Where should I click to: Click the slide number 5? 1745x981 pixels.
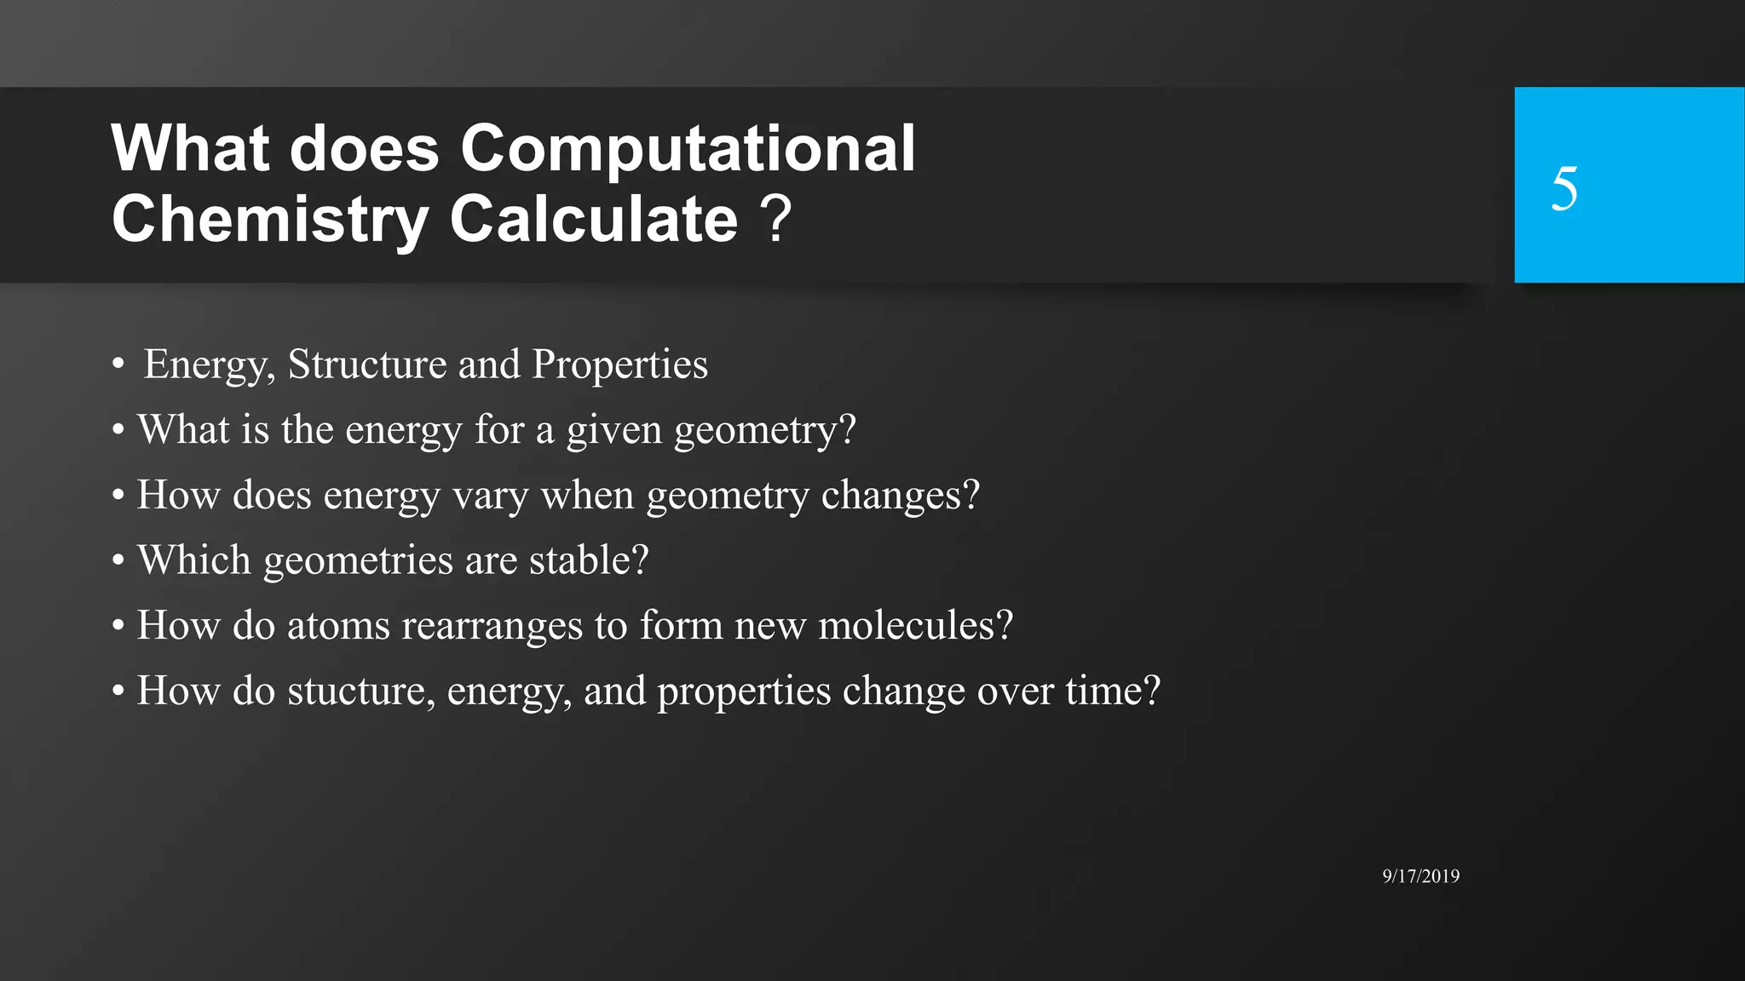coord(1564,188)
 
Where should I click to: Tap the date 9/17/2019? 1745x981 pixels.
coord(1420,876)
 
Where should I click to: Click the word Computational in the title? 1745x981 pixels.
coord(688,149)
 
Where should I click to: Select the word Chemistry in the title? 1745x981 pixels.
coord(269,220)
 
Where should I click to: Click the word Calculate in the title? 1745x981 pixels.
coord(593,220)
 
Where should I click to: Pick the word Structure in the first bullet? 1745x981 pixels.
coord(366,364)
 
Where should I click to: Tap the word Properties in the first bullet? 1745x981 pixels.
coord(619,364)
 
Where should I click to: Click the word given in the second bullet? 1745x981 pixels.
coord(613,430)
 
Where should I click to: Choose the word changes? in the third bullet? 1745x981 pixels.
coord(900,496)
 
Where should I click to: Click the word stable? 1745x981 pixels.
coord(589,560)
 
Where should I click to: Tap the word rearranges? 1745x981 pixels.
coord(492,627)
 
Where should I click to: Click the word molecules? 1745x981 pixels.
coord(916,626)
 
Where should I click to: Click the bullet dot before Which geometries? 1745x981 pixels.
coord(118,561)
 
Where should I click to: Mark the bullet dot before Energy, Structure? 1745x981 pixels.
coord(118,365)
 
